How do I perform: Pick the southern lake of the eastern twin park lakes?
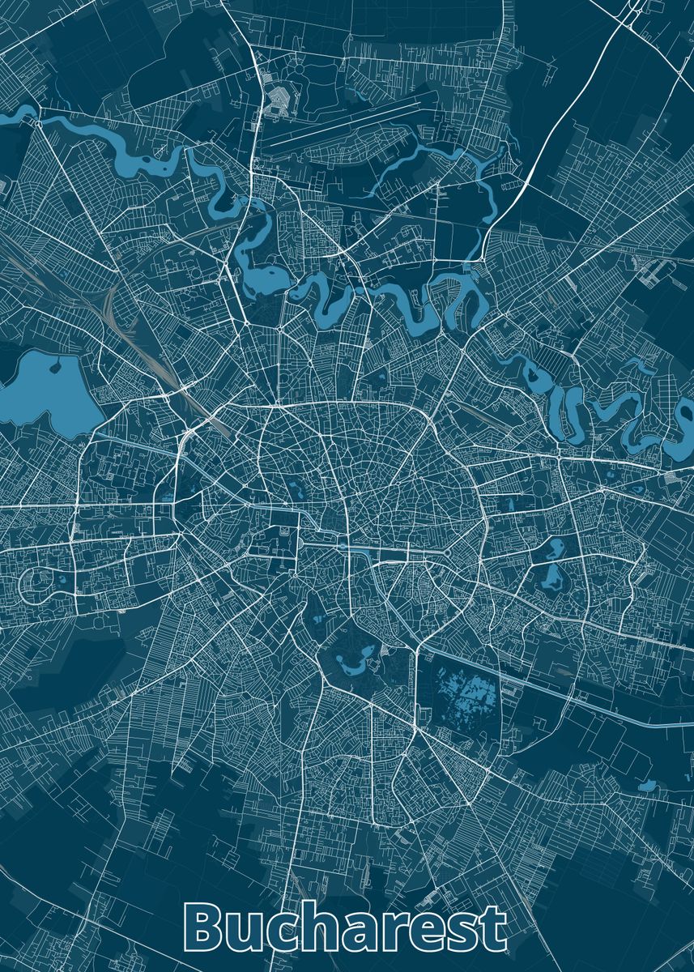coord(554,577)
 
